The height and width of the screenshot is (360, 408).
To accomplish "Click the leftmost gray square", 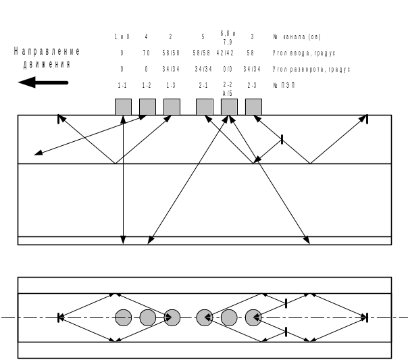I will (123, 107).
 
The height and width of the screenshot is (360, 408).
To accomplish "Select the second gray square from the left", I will (147, 107).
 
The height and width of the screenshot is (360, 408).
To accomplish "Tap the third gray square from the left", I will (172, 107).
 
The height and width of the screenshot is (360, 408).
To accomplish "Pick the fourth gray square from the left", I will (204, 107).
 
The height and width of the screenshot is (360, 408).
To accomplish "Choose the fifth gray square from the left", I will (229, 107).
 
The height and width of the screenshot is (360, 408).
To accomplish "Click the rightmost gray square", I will (253, 107).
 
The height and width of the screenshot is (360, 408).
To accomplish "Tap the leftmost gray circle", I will (123, 317).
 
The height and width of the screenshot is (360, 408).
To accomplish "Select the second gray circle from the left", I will (147, 317).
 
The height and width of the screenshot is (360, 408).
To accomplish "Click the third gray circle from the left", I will (172, 317).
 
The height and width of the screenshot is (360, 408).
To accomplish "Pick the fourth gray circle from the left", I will (205, 317).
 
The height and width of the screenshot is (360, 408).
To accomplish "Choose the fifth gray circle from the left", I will (229, 317).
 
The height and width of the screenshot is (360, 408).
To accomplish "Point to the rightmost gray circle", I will (253, 317).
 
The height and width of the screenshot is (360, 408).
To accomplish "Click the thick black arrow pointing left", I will (43, 82).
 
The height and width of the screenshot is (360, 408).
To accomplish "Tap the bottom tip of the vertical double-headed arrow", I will (123, 241).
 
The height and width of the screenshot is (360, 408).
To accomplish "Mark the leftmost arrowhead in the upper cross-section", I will (38, 155).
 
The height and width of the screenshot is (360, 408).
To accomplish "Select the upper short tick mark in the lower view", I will (286, 303).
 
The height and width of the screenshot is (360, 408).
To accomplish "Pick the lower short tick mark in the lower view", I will (286, 332).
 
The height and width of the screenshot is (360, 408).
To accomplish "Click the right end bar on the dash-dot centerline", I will (367, 317).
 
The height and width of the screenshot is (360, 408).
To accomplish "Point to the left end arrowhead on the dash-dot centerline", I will (61, 317).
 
